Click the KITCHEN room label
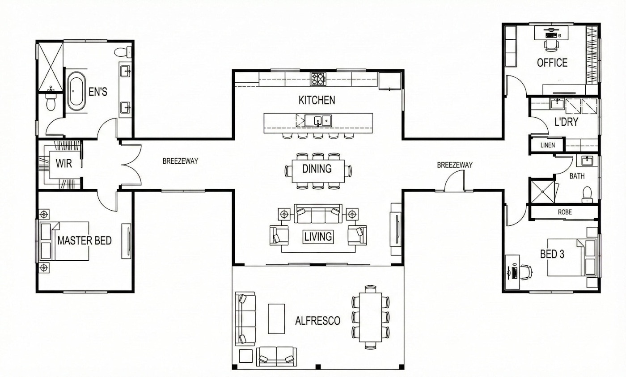pyautogui.click(x=317, y=100)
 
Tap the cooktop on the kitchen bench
pyautogui.click(x=318, y=79)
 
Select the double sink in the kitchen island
pyautogui.click(x=318, y=120)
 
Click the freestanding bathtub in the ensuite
pyautogui.click(x=76, y=91)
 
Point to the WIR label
pyautogui.click(x=63, y=164)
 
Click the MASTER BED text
pyautogui.click(x=85, y=241)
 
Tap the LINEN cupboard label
pyautogui.click(x=547, y=145)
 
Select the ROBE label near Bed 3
pyautogui.click(x=565, y=212)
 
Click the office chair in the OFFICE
pyautogui.click(x=551, y=46)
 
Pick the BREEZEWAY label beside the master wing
pyautogui.click(x=180, y=161)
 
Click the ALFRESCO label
pyautogui.click(x=318, y=321)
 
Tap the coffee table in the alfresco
pyautogui.click(x=276, y=318)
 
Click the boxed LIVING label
pyautogui.click(x=318, y=237)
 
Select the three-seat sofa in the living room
pyautogui.click(x=318, y=214)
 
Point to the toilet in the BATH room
pyautogui.click(x=587, y=194)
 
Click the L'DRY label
pyautogui.click(x=566, y=122)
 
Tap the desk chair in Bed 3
pyautogui.click(x=525, y=272)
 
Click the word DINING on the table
pyautogui.click(x=317, y=169)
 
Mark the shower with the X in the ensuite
pyautogui.click(x=50, y=67)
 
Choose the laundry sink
pyautogui.click(x=557, y=104)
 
